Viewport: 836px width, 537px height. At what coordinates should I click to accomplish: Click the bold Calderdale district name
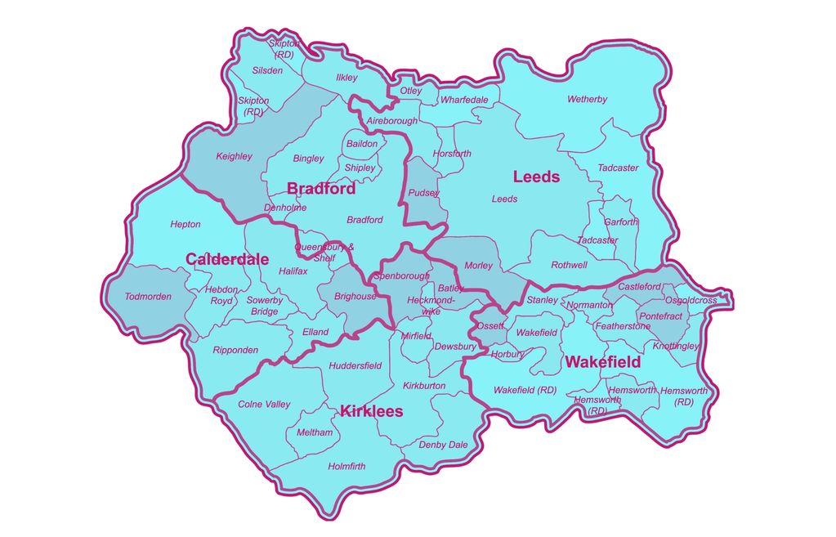227,259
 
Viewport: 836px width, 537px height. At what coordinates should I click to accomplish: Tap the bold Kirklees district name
372,411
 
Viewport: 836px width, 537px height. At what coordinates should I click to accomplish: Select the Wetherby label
587,100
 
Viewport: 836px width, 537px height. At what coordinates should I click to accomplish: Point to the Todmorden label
148,297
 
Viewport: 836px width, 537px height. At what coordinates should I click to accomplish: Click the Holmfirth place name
346,467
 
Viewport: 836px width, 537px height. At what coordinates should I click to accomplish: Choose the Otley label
411,91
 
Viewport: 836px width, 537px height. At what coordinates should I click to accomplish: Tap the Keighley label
234,156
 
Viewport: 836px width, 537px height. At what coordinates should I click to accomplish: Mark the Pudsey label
423,194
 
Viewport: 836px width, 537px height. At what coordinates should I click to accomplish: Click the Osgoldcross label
691,300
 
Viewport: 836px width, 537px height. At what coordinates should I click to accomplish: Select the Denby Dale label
443,445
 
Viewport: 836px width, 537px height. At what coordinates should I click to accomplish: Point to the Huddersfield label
355,365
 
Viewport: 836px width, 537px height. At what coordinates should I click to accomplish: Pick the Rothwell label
569,265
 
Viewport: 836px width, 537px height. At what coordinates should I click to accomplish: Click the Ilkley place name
346,78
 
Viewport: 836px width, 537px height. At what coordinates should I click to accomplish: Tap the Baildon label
362,144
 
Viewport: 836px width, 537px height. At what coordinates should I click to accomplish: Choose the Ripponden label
235,350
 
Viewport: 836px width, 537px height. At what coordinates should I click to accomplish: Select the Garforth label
621,222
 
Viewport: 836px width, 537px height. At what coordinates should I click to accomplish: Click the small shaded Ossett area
490,321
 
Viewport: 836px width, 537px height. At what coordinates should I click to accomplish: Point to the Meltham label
315,432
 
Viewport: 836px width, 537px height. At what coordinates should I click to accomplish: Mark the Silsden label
267,70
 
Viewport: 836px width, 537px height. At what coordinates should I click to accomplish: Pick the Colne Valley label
264,404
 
